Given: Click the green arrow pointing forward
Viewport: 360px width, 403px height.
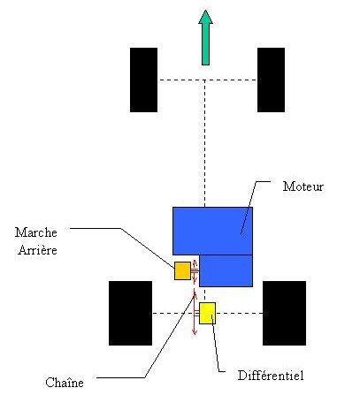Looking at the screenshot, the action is [x=205, y=38].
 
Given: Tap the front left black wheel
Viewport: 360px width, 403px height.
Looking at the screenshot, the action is [x=143, y=80].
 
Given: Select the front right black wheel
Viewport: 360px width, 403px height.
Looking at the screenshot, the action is [x=271, y=80].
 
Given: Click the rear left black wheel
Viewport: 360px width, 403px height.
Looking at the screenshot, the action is [x=130, y=313].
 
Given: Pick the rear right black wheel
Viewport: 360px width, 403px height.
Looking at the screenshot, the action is [x=284, y=313].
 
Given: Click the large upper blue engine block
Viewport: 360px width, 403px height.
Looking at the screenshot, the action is [x=212, y=231].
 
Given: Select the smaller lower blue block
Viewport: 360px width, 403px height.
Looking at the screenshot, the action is [x=226, y=270].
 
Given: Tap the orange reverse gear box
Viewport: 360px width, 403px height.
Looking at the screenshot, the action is [x=182, y=270].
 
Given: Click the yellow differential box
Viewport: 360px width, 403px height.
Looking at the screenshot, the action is [x=207, y=313].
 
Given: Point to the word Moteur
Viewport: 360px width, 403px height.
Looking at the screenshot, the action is [x=303, y=186].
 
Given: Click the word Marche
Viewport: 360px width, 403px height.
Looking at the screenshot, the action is [x=36, y=232].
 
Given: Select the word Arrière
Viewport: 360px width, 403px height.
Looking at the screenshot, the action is [x=37, y=250].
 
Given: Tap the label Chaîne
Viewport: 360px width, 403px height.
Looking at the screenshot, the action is [x=65, y=383].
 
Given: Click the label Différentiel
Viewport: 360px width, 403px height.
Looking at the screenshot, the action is [x=271, y=376].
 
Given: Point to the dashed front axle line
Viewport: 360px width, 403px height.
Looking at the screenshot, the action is [x=207, y=80].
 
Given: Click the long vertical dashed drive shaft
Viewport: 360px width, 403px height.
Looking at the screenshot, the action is [x=205, y=143].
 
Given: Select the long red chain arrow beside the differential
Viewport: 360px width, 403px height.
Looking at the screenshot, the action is [x=195, y=312].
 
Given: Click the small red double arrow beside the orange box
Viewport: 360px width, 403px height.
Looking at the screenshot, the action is [x=195, y=271].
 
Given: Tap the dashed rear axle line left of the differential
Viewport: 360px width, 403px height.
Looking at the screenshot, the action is [x=176, y=313].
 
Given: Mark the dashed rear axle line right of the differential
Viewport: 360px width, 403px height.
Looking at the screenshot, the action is [x=239, y=313].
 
